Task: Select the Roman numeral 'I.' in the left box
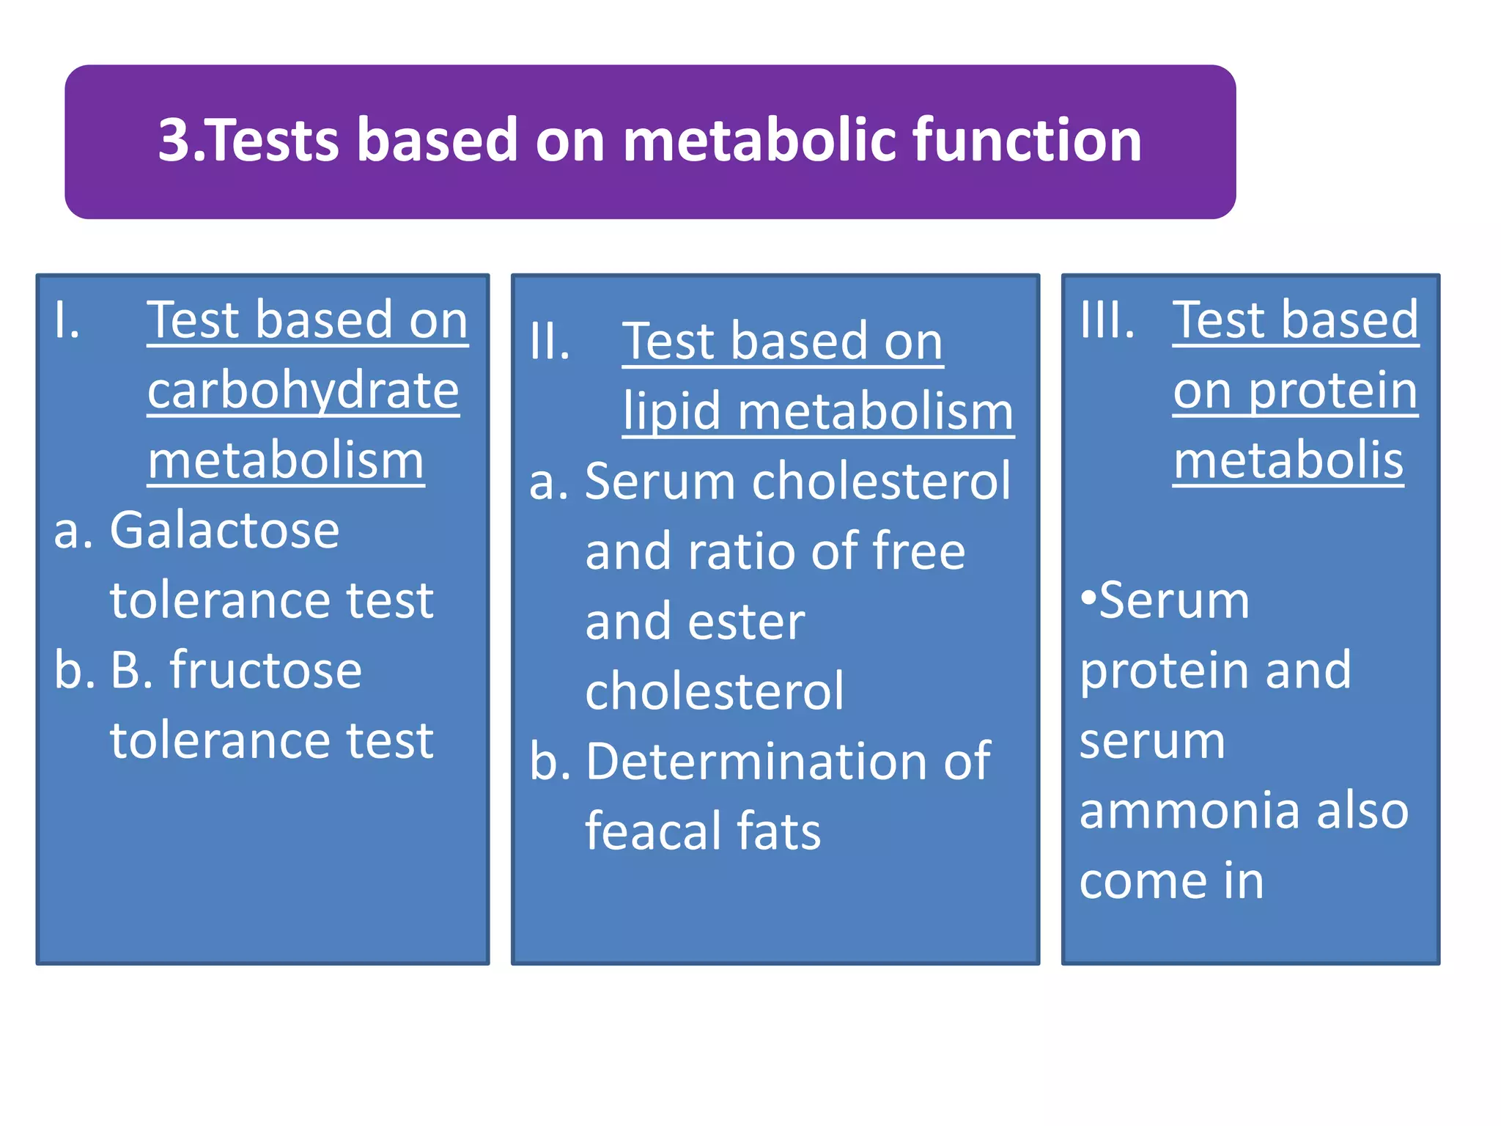(67, 320)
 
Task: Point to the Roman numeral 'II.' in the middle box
(550, 342)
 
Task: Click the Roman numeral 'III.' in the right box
(1107, 320)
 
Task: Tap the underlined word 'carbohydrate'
(303, 391)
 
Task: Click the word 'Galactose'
(224, 530)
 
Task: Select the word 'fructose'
(266, 670)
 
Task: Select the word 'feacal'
(652, 832)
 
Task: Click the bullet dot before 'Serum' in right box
(1088, 598)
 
